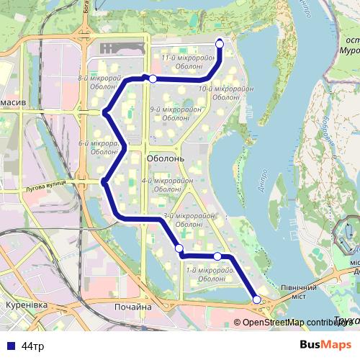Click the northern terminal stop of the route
(x=220, y=44)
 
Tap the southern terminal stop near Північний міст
(x=257, y=300)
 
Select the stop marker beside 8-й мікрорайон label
(x=153, y=78)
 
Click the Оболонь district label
(x=166, y=158)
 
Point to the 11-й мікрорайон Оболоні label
(x=189, y=62)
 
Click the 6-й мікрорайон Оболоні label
(x=98, y=148)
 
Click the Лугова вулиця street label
(x=45, y=184)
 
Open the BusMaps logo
(x=325, y=346)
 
